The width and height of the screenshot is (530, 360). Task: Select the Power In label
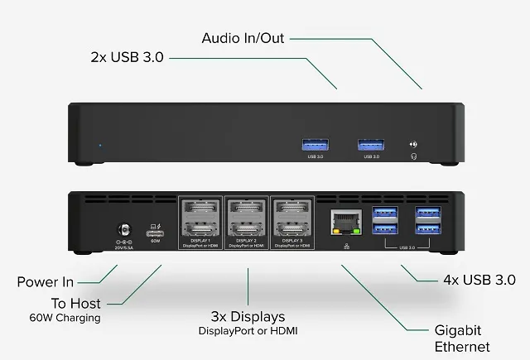click(50, 282)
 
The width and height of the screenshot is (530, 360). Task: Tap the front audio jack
click(413, 144)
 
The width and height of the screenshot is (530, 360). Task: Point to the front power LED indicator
click(100, 146)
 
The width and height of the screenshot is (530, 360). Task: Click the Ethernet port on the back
click(342, 222)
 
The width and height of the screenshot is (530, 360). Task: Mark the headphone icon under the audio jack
click(413, 155)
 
